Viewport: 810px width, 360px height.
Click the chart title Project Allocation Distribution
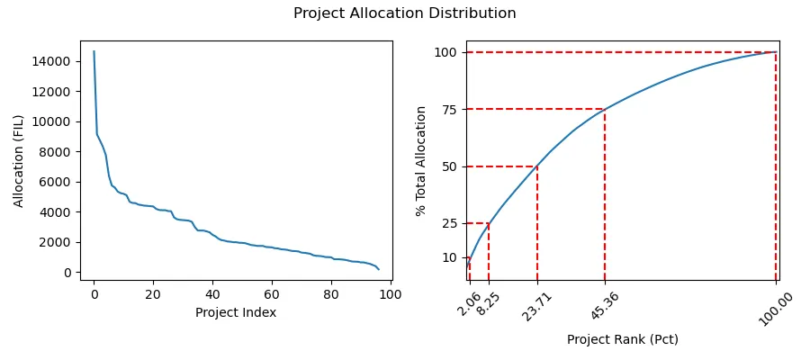point(404,13)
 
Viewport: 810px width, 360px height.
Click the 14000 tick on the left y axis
point(54,61)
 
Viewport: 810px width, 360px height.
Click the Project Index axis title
point(236,312)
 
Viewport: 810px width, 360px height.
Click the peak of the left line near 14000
point(94,51)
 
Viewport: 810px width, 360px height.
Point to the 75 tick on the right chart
point(450,109)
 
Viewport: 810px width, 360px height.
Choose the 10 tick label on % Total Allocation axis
point(450,257)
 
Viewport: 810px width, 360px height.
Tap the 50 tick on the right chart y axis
point(450,166)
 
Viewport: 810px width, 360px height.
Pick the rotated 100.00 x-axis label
point(769,308)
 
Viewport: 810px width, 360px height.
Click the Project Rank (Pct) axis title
point(622,339)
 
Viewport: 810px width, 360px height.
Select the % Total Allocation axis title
point(420,160)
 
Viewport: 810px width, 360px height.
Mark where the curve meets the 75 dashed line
point(605,109)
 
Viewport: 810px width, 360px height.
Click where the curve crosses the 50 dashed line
point(537,166)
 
